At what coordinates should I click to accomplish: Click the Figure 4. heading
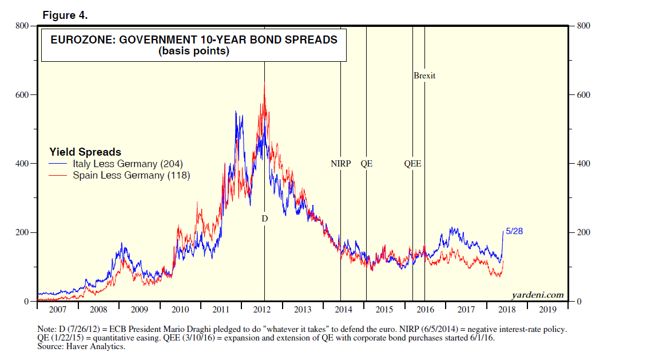point(65,15)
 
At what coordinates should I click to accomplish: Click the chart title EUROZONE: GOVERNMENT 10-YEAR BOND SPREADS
point(194,40)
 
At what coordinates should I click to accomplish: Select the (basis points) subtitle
point(194,51)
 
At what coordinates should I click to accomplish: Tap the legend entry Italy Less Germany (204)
point(127,164)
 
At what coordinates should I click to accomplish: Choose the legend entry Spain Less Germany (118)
point(131,175)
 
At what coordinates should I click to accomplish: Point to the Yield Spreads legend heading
point(85,152)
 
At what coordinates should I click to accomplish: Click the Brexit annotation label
point(424,76)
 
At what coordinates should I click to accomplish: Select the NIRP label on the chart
point(340,164)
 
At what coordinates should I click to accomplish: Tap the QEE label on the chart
point(412,164)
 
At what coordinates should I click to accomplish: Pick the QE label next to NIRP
point(366,164)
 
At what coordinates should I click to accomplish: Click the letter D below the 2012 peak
point(264,219)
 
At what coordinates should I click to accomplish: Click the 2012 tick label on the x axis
point(261,310)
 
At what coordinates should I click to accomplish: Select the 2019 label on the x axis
point(547,310)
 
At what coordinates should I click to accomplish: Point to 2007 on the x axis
point(57,310)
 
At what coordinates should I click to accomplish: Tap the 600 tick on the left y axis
point(22,95)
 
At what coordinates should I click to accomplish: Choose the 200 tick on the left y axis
point(22,233)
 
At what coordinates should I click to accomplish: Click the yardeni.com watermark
point(537,295)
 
